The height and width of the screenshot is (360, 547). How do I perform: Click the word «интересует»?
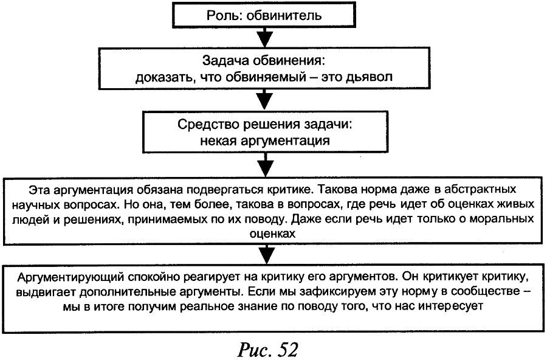tap(453, 306)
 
